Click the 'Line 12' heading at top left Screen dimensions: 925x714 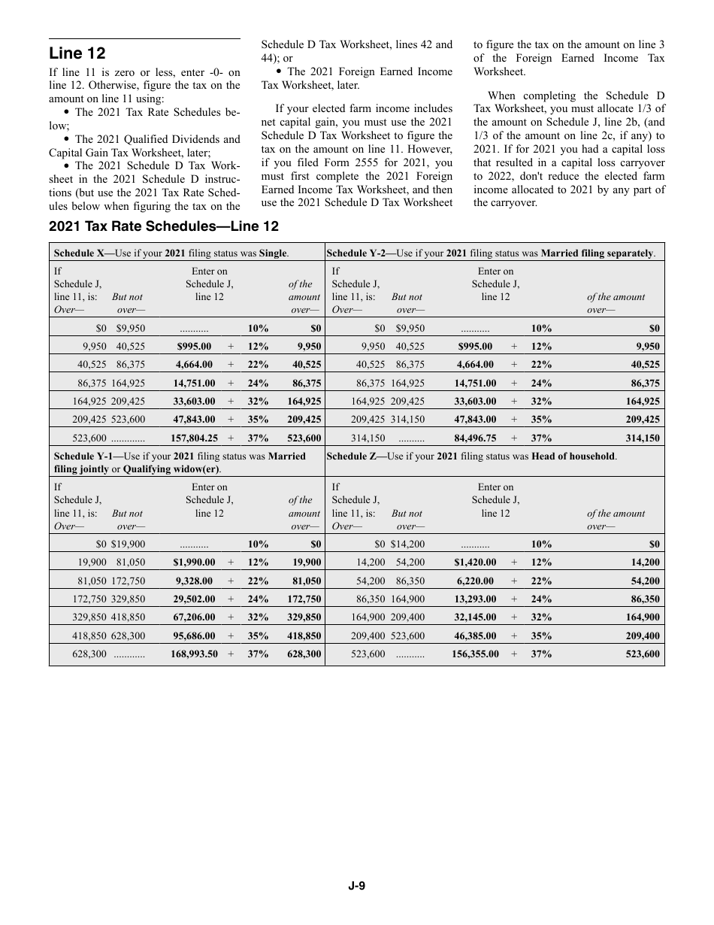77,53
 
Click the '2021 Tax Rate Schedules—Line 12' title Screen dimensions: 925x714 164,226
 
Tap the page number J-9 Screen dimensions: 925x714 356,886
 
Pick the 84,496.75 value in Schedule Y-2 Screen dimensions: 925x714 477,438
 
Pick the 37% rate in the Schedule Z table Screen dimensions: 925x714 541,654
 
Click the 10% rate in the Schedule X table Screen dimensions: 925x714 259,329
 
